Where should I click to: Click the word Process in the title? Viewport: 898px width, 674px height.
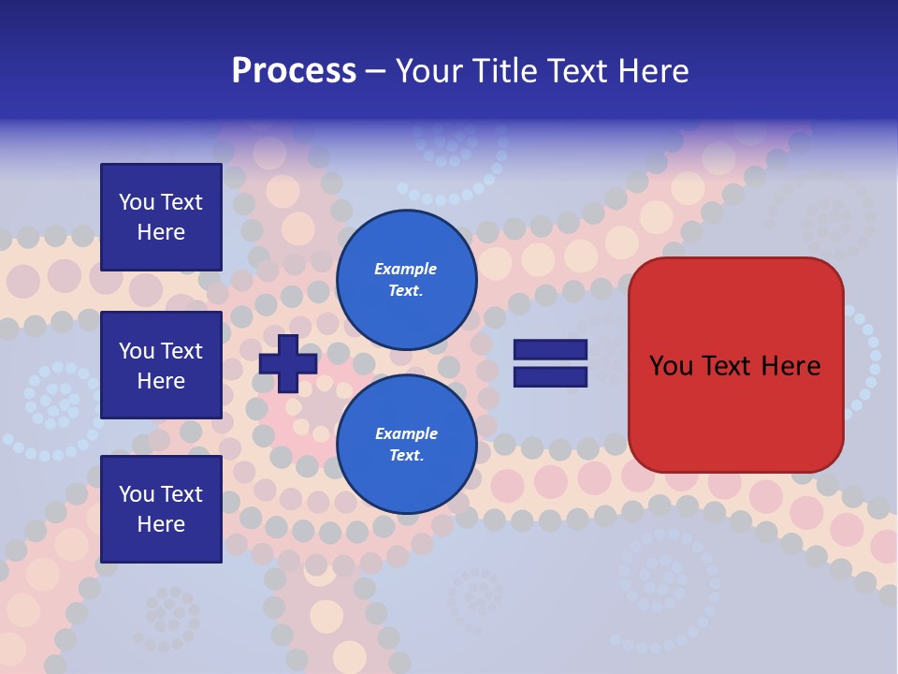[x=294, y=71]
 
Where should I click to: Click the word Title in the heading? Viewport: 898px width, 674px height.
[x=506, y=71]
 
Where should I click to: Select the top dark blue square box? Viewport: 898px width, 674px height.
[x=161, y=217]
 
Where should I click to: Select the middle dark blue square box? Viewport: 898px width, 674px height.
[x=161, y=365]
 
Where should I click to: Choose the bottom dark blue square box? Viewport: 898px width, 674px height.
[x=161, y=508]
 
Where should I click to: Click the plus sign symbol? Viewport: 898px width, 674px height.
[x=288, y=363]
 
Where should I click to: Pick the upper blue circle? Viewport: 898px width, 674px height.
[x=406, y=280]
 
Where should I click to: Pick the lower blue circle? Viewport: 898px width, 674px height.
[x=406, y=445]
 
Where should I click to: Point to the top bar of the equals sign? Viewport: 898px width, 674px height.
[x=550, y=350]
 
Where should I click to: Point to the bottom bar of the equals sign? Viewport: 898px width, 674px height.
[x=550, y=377]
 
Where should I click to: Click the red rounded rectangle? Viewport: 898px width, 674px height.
[x=735, y=412]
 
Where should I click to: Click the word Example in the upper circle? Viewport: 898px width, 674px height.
[x=406, y=269]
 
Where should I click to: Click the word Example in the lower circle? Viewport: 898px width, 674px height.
[x=406, y=433]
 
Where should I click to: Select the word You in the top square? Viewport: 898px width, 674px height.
[x=137, y=202]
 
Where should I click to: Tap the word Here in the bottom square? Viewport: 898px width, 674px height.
[x=161, y=524]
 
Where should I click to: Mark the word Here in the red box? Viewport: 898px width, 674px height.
[x=792, y=366]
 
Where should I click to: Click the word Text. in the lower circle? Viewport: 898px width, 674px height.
[x=406, y=456]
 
